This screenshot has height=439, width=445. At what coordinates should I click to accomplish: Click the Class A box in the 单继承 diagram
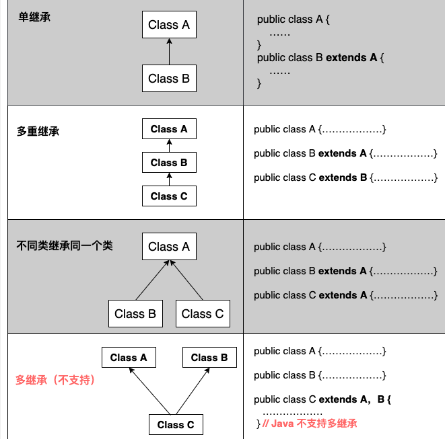(169, 25)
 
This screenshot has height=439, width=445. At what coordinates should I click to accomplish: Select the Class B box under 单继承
(169, 78)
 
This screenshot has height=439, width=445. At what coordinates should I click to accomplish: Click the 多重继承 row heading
(38, 131)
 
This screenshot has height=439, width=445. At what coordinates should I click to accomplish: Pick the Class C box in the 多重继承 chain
(169, 196)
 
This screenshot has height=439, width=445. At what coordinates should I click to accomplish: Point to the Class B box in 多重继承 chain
(169, 163)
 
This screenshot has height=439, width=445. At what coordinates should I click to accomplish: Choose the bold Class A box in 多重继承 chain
(169, 129)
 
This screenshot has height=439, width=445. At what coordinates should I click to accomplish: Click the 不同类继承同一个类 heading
(65, 246)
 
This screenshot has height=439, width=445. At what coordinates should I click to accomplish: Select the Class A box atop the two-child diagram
(169, 247)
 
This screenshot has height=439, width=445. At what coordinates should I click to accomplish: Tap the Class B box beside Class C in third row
(135, 314)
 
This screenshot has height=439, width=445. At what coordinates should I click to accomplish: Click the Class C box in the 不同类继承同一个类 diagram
(203, 314)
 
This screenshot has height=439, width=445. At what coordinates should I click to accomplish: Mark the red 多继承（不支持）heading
(56, 380)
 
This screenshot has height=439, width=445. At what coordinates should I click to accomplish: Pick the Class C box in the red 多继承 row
(176, 424)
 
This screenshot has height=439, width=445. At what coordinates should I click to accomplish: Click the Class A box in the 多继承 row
(129, 358)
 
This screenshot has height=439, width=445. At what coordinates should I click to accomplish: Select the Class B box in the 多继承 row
(209, 358)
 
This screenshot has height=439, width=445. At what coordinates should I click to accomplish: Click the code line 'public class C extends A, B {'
(322, 399)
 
